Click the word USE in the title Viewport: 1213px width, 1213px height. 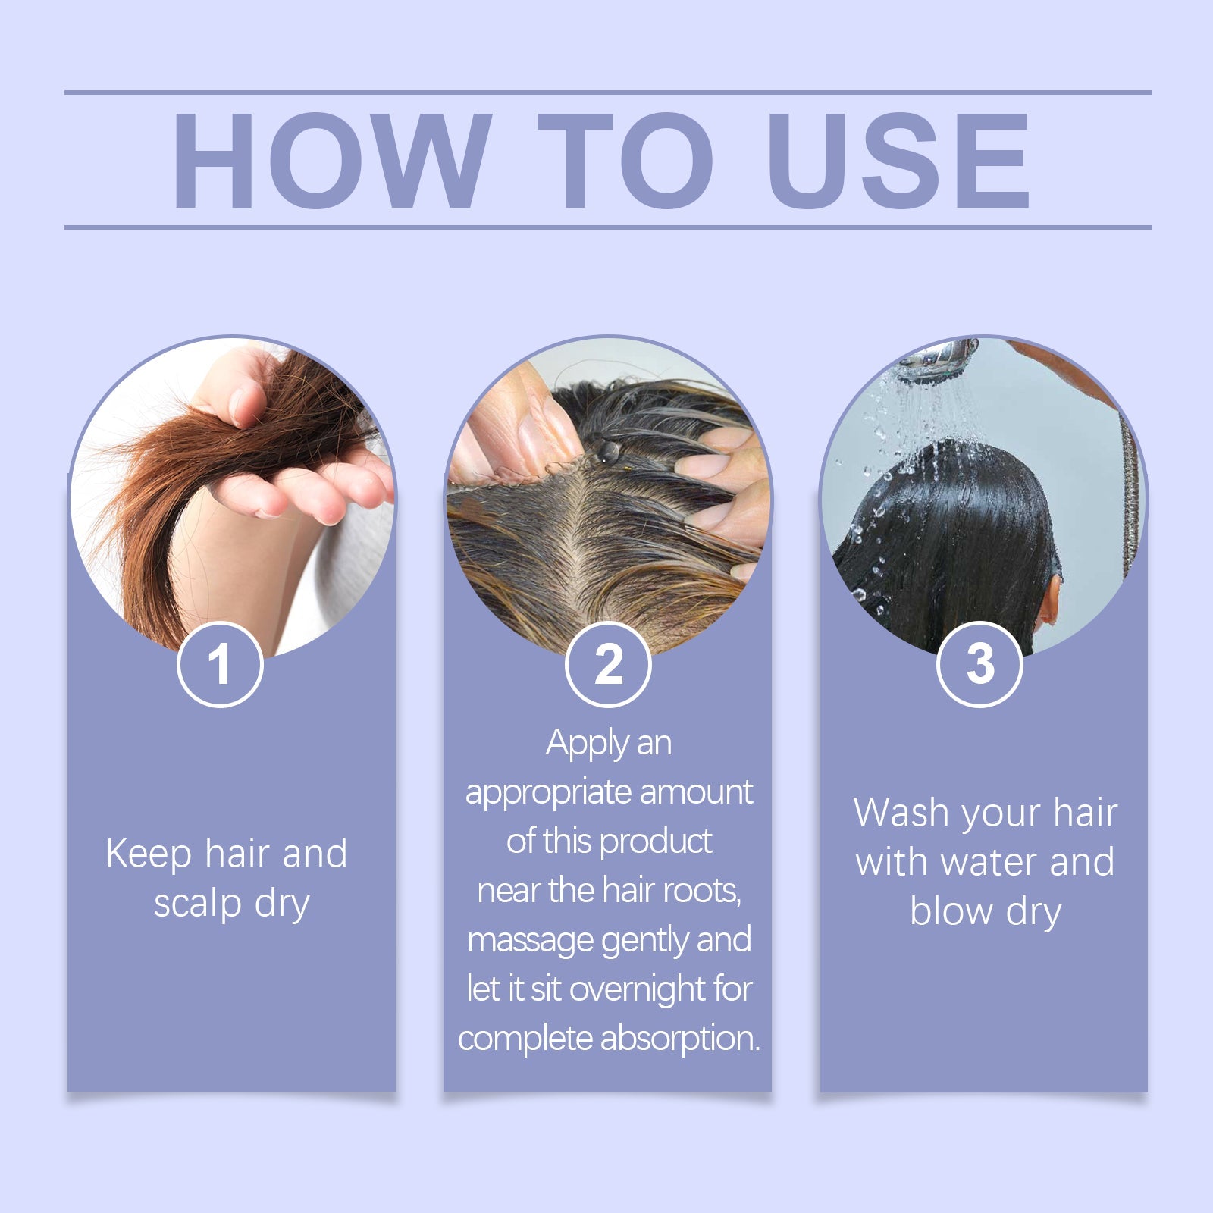[x=898, y=161]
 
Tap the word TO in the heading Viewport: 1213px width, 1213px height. [x=626, y=161]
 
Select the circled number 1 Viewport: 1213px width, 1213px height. [x=220, y=664]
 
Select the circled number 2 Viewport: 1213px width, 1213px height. [x=608, y=664]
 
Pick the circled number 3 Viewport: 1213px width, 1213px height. [x=979, y=664]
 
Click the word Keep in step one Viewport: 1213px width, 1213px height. [x=149, y=854]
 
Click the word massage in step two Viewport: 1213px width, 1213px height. [x=531, y=941]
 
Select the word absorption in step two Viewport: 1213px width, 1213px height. [x=679, y=1039]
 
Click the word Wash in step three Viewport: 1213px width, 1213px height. [x=901, y=813]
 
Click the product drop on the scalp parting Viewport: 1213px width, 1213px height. [x=607, y=452]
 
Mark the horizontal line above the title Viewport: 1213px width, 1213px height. [x=606, y=92]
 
